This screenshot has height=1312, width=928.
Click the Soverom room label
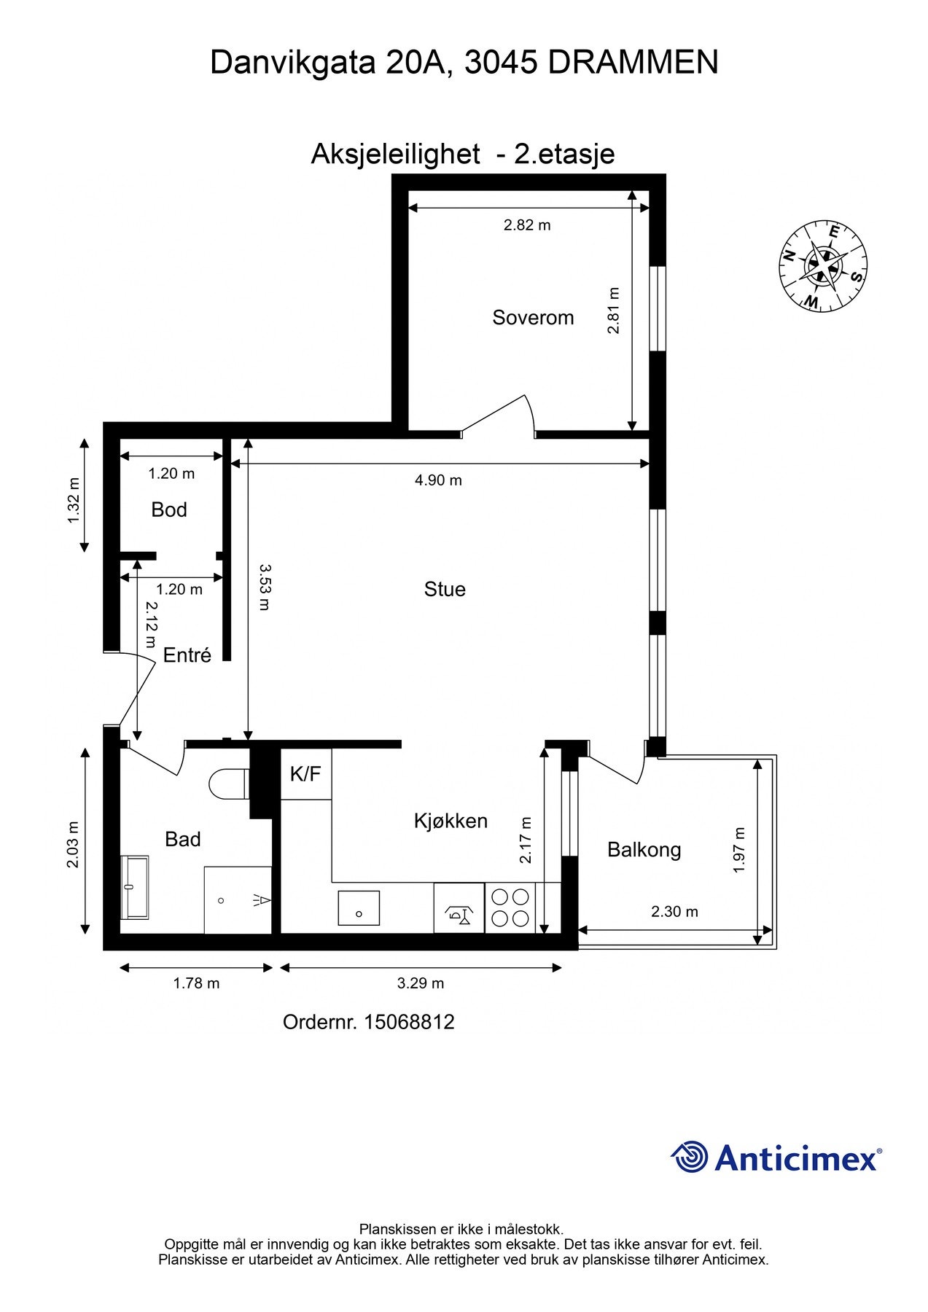pos(533,318)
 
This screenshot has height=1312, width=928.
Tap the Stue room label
pos(445,589)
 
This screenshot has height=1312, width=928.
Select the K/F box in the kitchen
pos(305,774)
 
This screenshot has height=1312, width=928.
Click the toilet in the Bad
pos(227,784)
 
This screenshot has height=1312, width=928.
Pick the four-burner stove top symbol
pos(510,907)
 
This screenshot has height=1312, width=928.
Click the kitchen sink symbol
pos(359,908)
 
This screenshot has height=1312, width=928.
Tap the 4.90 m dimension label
pos(438,480)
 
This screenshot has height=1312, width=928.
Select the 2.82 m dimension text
pos(527,225)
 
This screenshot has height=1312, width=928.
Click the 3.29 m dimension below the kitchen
pos(421,983)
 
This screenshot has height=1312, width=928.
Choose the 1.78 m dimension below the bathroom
pos(196,983)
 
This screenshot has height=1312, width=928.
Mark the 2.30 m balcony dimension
pos(674,912)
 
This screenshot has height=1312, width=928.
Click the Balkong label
pos(644,850)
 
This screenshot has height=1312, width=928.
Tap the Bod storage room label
pos(169,510)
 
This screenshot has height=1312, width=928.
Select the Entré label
pos(187,655)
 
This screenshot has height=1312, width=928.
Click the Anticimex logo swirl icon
pos(690,1157)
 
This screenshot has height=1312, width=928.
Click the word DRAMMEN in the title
pos(633,63)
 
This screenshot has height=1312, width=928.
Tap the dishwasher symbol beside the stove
pos(459,908)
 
